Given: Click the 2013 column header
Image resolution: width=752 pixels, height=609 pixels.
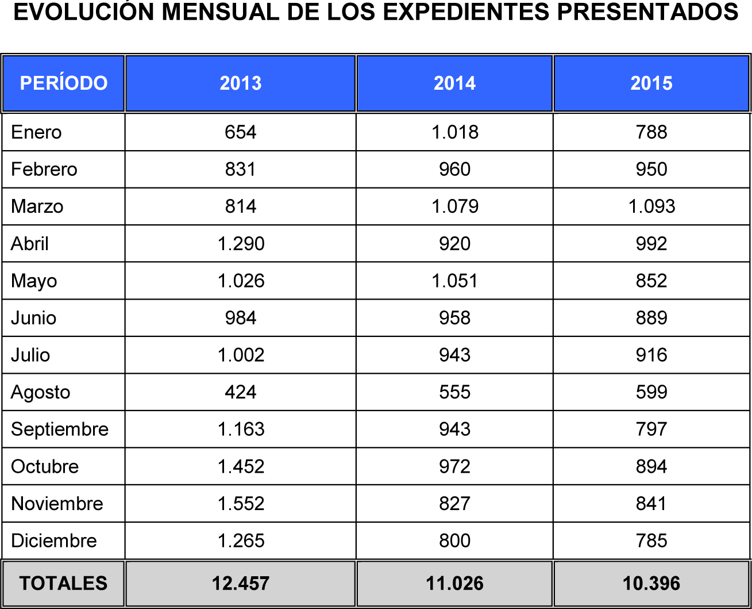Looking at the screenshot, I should click(241, 83).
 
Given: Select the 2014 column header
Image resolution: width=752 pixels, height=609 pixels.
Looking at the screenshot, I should click(454, 83).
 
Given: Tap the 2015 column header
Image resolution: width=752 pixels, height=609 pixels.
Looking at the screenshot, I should click(651, 83).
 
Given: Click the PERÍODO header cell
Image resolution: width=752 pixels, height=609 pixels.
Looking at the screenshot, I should click(64, 83).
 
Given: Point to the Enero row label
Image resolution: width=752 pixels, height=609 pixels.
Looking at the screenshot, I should click(36, 132).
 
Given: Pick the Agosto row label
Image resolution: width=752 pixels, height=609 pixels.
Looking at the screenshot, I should click(41, 392).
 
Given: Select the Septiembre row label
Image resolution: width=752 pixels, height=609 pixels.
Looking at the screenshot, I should click(60, 430).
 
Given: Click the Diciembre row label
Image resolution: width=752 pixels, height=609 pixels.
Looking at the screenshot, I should click(54, 541).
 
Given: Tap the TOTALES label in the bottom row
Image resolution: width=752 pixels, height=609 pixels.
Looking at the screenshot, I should click(63, 583).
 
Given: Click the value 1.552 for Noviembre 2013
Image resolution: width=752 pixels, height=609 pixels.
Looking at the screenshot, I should click(241, 504).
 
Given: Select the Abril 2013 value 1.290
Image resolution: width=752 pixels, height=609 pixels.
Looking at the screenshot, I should click(241, 244).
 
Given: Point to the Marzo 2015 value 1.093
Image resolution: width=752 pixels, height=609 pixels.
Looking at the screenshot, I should click(651, 206).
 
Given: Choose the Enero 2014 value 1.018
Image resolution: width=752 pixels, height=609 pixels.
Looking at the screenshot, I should click(454, 132).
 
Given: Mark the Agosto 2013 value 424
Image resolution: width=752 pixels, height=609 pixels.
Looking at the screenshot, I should click(241, 392).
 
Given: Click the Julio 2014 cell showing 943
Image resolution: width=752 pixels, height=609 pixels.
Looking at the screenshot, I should click(454, 355).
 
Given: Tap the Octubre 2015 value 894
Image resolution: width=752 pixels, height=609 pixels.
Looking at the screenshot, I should click(651, 466).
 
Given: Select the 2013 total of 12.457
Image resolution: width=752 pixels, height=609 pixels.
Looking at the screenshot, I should click(241, 583).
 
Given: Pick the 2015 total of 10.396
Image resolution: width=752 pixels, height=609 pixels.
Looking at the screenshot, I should click(651, 583).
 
